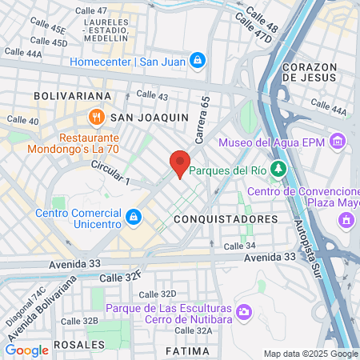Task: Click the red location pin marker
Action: (x=180, y=164)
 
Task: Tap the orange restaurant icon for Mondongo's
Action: (x=96, y=117)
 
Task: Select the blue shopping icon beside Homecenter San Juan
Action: (x=197, y=61)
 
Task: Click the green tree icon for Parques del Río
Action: (x=278, y=169)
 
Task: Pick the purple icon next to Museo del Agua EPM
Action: (x=338, y=143)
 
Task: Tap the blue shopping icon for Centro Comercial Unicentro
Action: (x=134, y=216)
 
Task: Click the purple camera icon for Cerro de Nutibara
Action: (x=243, y=310)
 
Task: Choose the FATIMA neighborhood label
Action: (x=187, y=350)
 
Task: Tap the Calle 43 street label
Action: (x=152, y=95)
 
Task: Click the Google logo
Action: (x=26, y=350)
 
